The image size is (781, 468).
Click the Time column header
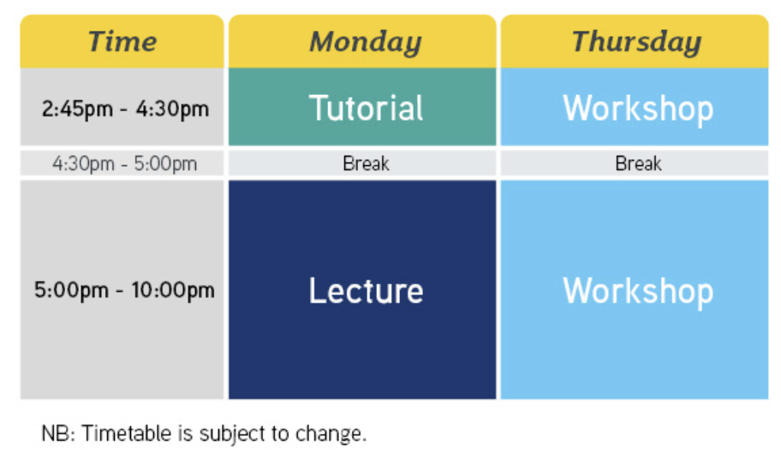point(122,41)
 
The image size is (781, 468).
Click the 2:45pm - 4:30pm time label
point(125,109)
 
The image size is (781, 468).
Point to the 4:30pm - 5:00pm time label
point(124,163)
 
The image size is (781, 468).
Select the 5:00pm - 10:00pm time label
point(124,290)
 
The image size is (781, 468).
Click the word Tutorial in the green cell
point(367,108)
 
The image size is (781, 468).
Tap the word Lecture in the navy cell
point(367,291)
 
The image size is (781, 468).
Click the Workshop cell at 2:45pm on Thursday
point(635,107)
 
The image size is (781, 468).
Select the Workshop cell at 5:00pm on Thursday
point(635,289)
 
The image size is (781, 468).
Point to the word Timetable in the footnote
point(127,434)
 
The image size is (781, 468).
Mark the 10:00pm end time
point(173,290)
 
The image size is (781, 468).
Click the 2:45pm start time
point(77,109)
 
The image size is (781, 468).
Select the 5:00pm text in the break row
point(165,163)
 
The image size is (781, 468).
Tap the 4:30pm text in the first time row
point(173,109)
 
